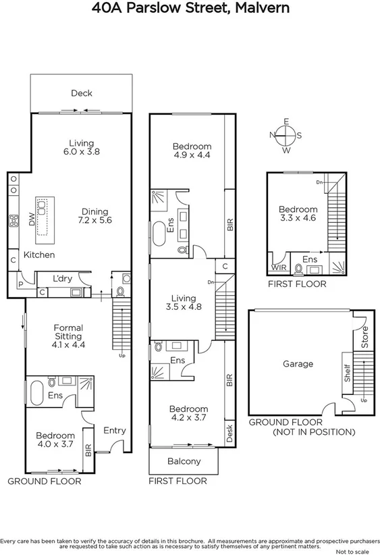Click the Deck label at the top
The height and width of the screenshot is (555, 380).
81,93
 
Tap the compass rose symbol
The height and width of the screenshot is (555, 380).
286,134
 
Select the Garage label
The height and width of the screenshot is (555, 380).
298,363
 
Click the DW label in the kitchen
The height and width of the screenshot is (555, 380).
32,219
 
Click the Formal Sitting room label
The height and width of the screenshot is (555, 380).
68,336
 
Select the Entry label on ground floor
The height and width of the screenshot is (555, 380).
114,430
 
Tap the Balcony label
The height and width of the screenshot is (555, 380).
183,461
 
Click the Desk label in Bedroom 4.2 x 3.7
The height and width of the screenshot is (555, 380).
229,433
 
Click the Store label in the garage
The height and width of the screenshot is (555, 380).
365,338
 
